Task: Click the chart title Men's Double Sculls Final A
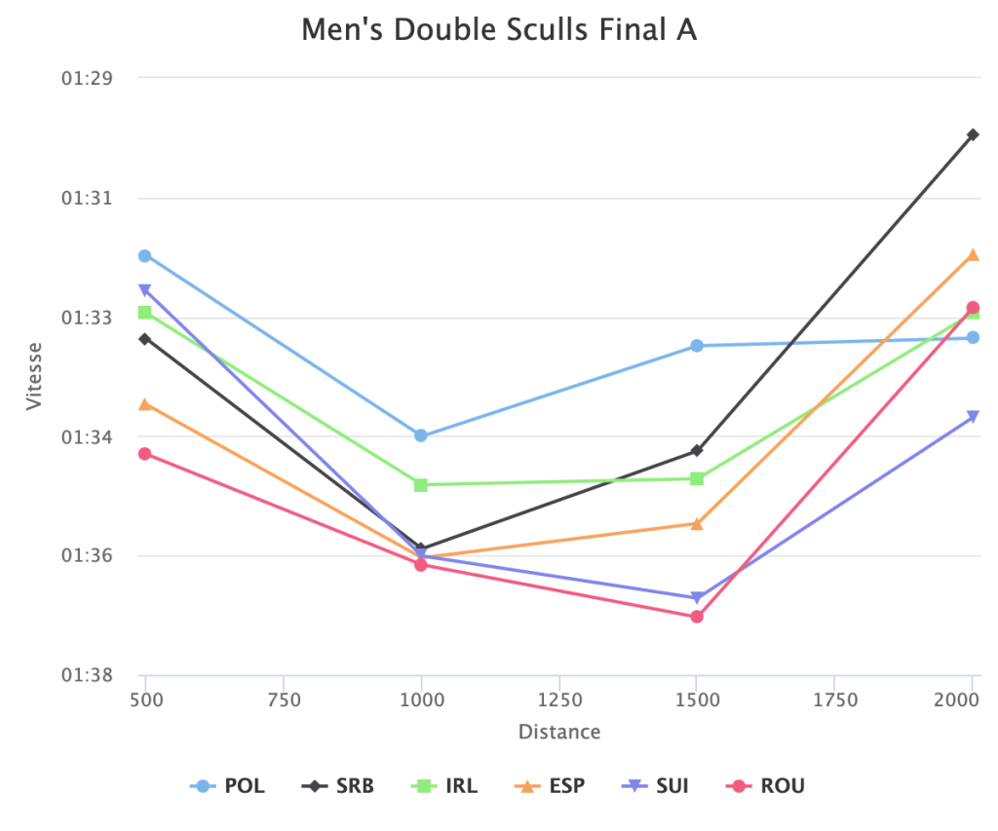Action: (499, 30)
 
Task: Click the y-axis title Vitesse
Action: (35, 375)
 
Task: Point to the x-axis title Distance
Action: (559, 732)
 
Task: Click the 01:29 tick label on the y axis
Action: (88, 78)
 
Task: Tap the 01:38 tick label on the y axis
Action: (88, 675)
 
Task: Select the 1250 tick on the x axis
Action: (559, 699)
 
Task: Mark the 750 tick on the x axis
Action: (284, 699)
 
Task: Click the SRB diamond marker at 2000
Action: (973, 134)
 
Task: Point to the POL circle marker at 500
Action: (145, 256)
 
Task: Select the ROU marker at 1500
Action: (697, 617)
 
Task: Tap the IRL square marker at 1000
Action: (421, 485)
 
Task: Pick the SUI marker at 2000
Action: (973, 417)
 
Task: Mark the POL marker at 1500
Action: (697, 346)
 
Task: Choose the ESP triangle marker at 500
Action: (145, 404)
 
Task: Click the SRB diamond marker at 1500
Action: (697, 451)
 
